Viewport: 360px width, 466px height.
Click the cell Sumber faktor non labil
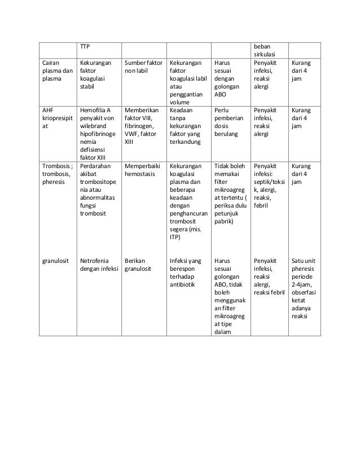point(144,68)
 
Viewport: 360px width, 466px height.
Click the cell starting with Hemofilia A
point(98,130)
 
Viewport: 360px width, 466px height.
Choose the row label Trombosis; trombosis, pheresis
point(57,175)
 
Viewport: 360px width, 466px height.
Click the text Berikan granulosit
point(138,265)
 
